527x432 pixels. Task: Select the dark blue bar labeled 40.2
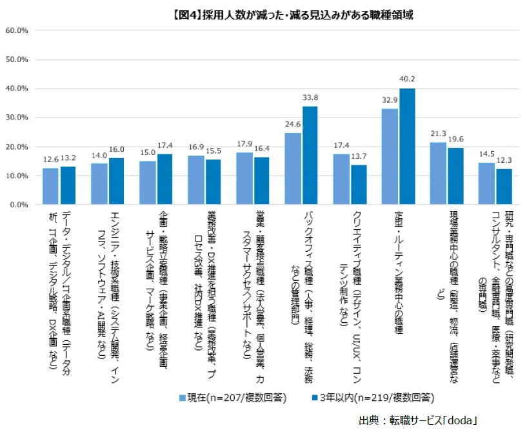(407, 147)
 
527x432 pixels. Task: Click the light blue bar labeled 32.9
(390, 157)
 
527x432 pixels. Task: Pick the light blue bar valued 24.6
(293, 169)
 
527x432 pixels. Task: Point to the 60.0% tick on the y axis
(17, 30)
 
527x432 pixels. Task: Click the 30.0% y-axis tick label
(17, 118)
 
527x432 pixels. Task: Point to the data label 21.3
(438, 134)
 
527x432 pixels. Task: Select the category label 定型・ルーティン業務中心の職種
(399, 271)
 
